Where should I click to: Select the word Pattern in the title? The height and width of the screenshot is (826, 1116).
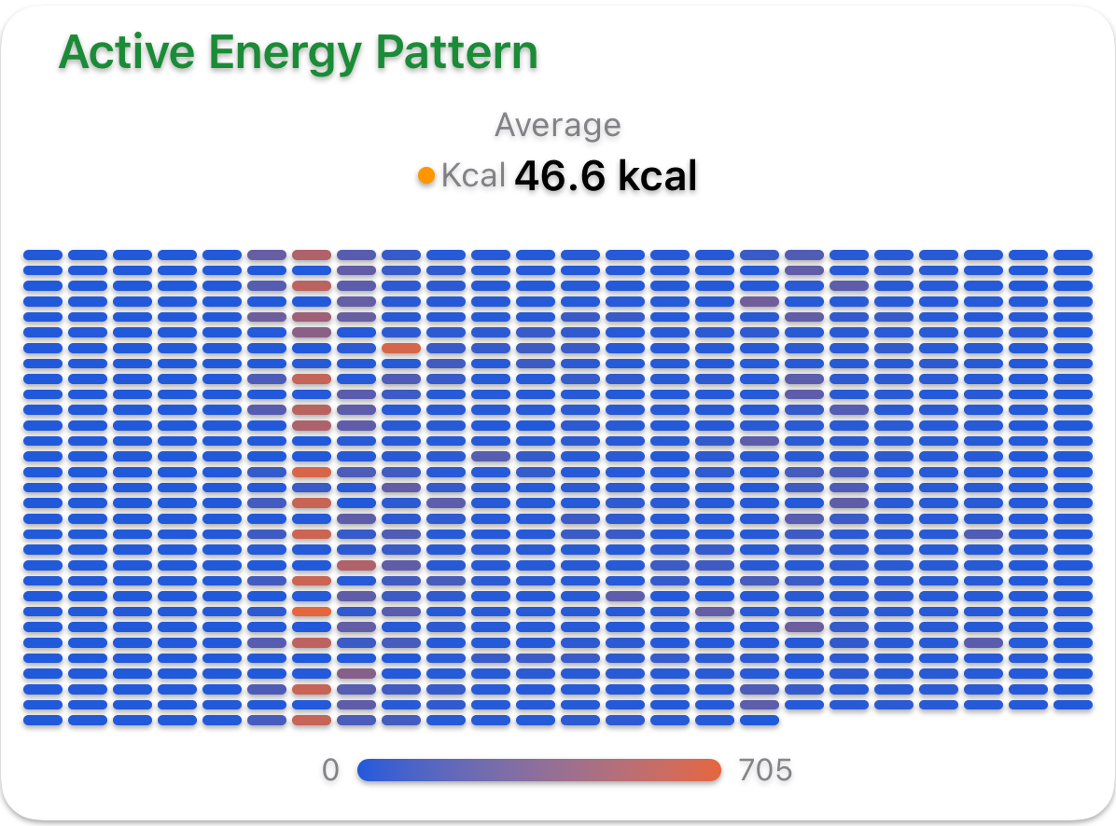(x=456, y=53)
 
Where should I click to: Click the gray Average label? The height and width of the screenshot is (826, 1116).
(x=557, y=125)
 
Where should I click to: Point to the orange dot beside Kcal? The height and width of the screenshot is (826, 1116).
(x=426, y=174)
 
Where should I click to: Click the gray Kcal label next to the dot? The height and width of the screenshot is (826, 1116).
(x=473, y=175)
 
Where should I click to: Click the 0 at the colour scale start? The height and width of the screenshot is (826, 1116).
(x=330, y=770)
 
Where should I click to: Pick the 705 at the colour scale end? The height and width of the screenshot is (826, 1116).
(x=765, y=770)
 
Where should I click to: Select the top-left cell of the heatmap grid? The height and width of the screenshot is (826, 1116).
(x=43, y=255)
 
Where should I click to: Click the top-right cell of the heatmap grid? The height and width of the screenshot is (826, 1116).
(x=1073, y=255)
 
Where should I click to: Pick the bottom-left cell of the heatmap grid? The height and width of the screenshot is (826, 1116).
(x=43, y=720)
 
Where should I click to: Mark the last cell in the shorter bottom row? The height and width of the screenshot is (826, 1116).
(x=760, y=720)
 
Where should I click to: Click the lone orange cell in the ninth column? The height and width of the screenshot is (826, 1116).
(x=401, y=348)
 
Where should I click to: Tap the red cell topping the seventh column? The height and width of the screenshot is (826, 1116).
(x=312, y=255)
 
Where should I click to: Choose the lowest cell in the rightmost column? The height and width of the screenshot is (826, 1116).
(x=1073, y=704)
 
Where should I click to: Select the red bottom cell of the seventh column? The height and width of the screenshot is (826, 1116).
(x=312, y=720)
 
